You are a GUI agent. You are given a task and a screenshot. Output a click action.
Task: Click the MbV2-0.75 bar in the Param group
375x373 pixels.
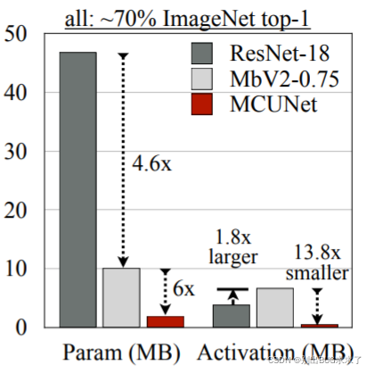pyautogui.click(x=120, y=297)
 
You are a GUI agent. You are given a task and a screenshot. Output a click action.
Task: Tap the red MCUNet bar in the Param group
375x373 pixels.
pyautogui.click(x=165, y=321)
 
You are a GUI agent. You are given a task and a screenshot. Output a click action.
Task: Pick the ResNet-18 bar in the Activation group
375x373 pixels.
pyautogui.click(x=231, y=316)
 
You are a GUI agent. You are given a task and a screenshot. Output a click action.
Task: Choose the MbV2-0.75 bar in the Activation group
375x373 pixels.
pyautogui.click(x=274, y=307)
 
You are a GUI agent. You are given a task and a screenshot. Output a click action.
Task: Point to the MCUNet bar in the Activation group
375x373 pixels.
pyautogui.click(x=318, y=325)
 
